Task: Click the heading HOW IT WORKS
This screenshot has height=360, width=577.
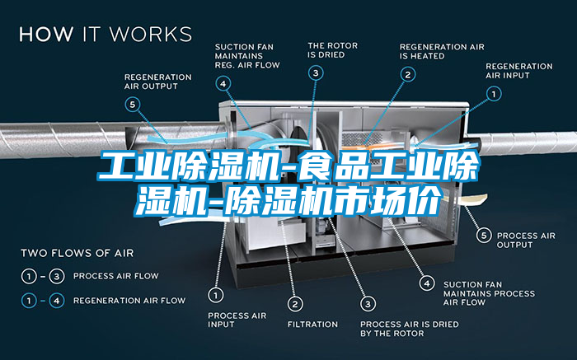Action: point(106,35)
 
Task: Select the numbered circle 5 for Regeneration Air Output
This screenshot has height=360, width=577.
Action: point(133,104)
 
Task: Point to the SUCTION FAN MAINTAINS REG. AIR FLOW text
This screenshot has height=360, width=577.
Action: point(247,55)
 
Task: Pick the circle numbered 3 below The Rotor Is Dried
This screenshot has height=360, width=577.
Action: point(317,73)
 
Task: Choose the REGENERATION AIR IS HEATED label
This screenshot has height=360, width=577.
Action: point(442,50)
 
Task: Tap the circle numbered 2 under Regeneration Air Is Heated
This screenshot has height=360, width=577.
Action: point(407,73)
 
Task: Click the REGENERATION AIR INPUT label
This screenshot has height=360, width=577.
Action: point(519,70)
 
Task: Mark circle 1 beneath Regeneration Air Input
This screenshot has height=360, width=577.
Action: point(495,95)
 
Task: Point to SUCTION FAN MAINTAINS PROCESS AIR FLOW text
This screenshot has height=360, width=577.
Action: point(489,292)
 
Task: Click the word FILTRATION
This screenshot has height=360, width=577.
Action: point(312,324)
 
